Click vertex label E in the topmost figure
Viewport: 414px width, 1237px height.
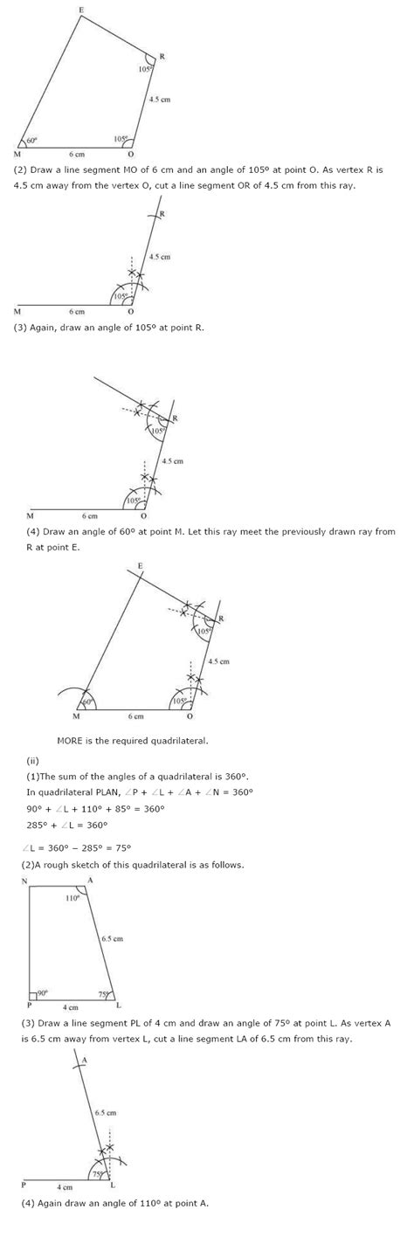[x=81, y=10]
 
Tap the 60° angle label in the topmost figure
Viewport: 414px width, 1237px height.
[x=31, y=140]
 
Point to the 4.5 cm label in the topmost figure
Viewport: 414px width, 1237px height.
[x=160, y=100]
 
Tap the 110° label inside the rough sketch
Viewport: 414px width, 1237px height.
[x=72, y=897]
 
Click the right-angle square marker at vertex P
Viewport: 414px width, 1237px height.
[x=33, y=995]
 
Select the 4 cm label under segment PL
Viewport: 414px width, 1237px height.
[x=71, y=1007]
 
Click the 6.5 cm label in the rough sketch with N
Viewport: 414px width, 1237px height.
[x=113, y=938]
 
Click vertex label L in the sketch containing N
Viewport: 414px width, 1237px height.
[x=118, y=1005]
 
